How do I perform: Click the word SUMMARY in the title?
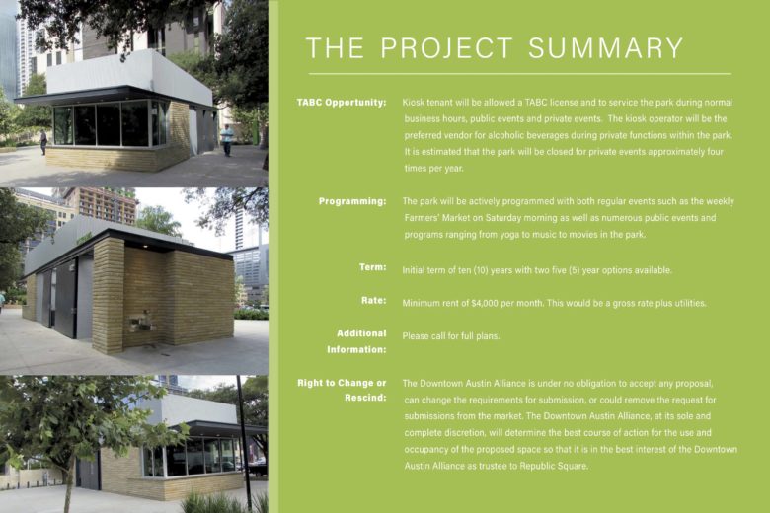(x=605, y=47)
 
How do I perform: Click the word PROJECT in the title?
(x=446, y=47)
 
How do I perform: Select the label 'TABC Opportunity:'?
(x=342, y=103)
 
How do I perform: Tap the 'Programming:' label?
(x=352, y=201)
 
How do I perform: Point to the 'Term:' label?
(x=373, y=267)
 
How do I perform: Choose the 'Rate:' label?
(x=374, y=301)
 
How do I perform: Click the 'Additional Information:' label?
(x=356, y=341)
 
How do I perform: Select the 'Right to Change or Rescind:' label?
(x=342, y=391)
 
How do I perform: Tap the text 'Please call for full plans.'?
(x=451, y=336)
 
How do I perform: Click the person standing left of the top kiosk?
(x=43, y=142)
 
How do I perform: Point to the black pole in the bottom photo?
(x=243, y=444)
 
